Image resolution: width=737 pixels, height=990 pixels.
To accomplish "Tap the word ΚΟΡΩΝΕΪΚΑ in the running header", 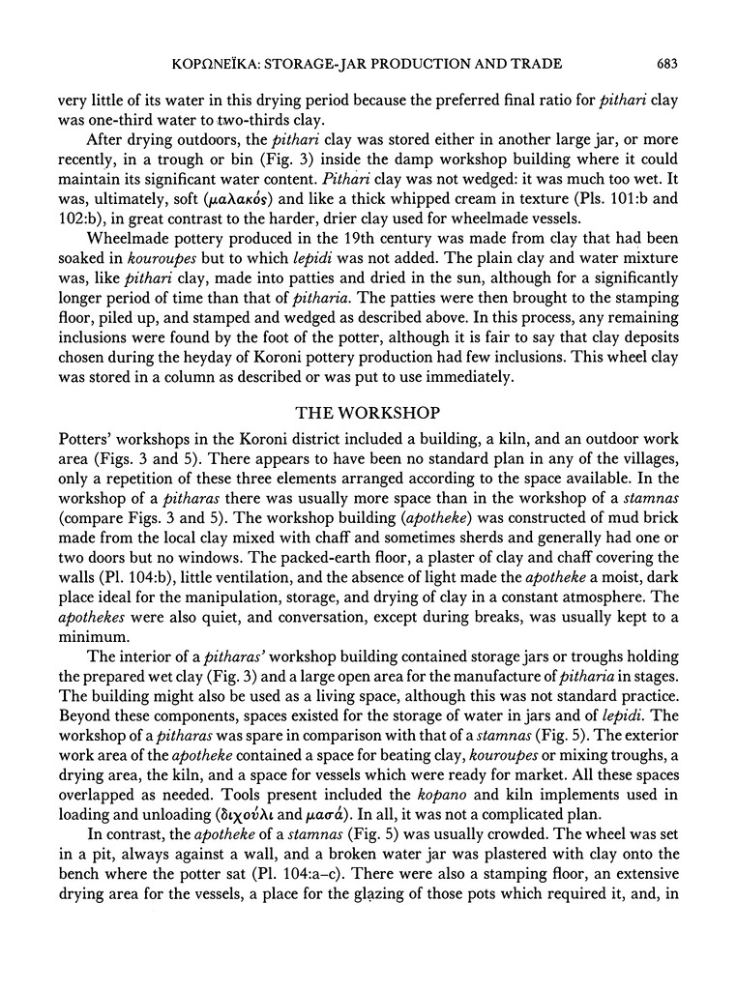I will pyautogui.click(x=225, y=64).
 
